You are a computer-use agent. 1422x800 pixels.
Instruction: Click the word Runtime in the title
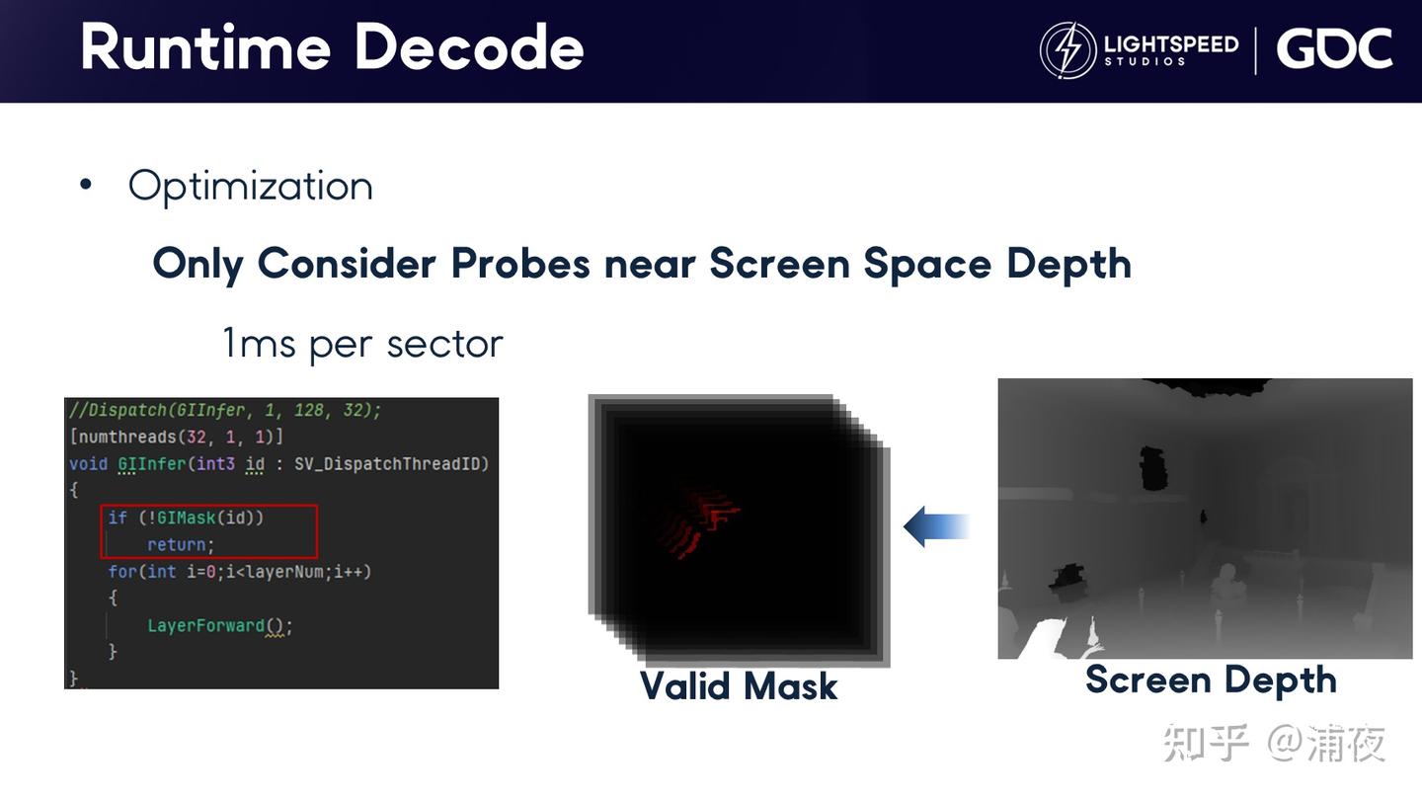point(205,46)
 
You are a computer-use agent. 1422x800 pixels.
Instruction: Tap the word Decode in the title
point(469,46)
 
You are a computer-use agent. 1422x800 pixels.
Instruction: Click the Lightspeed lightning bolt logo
point(1067,49)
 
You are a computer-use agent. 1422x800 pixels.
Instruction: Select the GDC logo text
point(1334,48)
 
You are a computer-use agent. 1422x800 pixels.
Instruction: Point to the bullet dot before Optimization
point(86,185)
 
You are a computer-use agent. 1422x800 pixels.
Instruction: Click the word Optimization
point(250,187)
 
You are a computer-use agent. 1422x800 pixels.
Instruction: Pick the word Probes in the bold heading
point(519,264)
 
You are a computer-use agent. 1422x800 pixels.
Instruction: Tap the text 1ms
point(260,343)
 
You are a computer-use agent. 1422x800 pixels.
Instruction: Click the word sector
point(444,345)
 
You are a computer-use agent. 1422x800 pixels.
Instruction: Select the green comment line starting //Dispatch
point(225,410)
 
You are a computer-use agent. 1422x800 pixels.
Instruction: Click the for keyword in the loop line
point(118,572)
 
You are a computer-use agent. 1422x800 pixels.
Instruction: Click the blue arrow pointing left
point(936,526)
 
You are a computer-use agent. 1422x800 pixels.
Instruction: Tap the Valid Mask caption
point(739,686)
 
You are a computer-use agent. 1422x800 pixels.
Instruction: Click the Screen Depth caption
point(1212,680)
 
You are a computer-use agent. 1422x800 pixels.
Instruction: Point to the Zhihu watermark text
point(1274,743)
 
